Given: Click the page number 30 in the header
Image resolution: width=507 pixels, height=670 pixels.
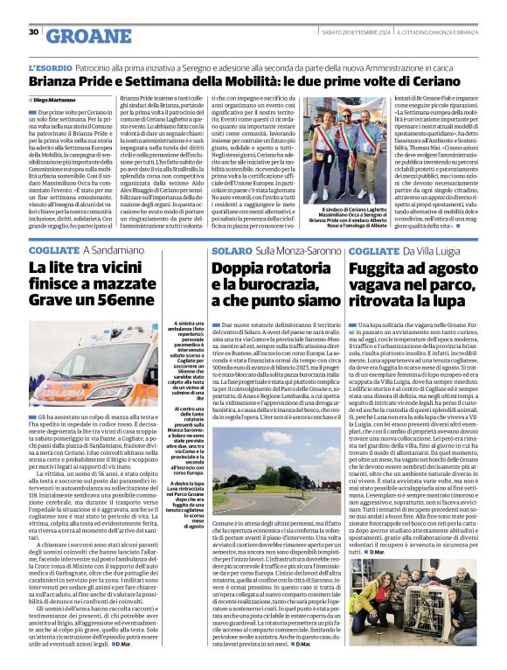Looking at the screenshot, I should coord(33,32).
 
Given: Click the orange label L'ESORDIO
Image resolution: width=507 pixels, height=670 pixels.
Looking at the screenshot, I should coord(49,67).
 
